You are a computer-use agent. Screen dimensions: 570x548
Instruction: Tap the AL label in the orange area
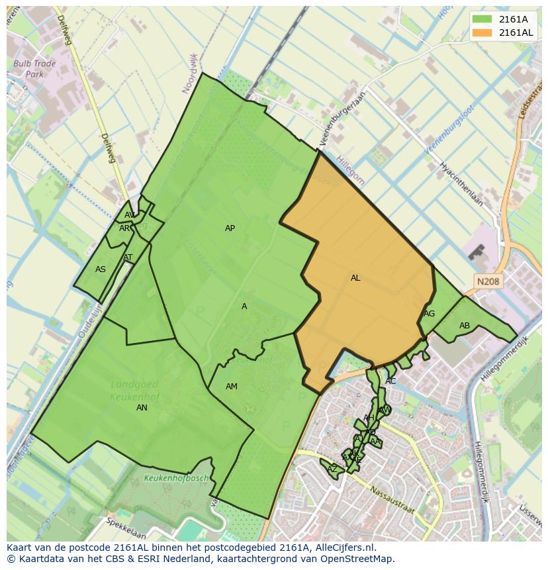(x=355, y=278)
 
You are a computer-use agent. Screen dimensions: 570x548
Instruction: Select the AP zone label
(x=230, y=228)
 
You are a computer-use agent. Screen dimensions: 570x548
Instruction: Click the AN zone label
(x=142, y=408)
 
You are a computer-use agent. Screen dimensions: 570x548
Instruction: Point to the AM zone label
(x=231, y=387)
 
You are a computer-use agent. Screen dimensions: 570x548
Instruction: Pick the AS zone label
(x=101, y=269)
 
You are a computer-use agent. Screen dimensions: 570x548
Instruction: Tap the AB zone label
(x=465, y=326)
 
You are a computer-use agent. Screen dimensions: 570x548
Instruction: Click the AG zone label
(x=430, y=314)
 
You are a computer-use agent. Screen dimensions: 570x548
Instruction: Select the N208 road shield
(x=488, y=282)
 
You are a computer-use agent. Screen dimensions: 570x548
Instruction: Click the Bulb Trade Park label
(x=34, y=70)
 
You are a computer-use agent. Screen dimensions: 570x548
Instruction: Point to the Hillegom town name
(x=350, y=169)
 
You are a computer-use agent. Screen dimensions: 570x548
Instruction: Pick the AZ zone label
(x=332, y=469)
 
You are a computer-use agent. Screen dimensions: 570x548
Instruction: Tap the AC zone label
(x=390, y=381)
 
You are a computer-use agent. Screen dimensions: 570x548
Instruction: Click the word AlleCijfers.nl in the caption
(x=342, y=547)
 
